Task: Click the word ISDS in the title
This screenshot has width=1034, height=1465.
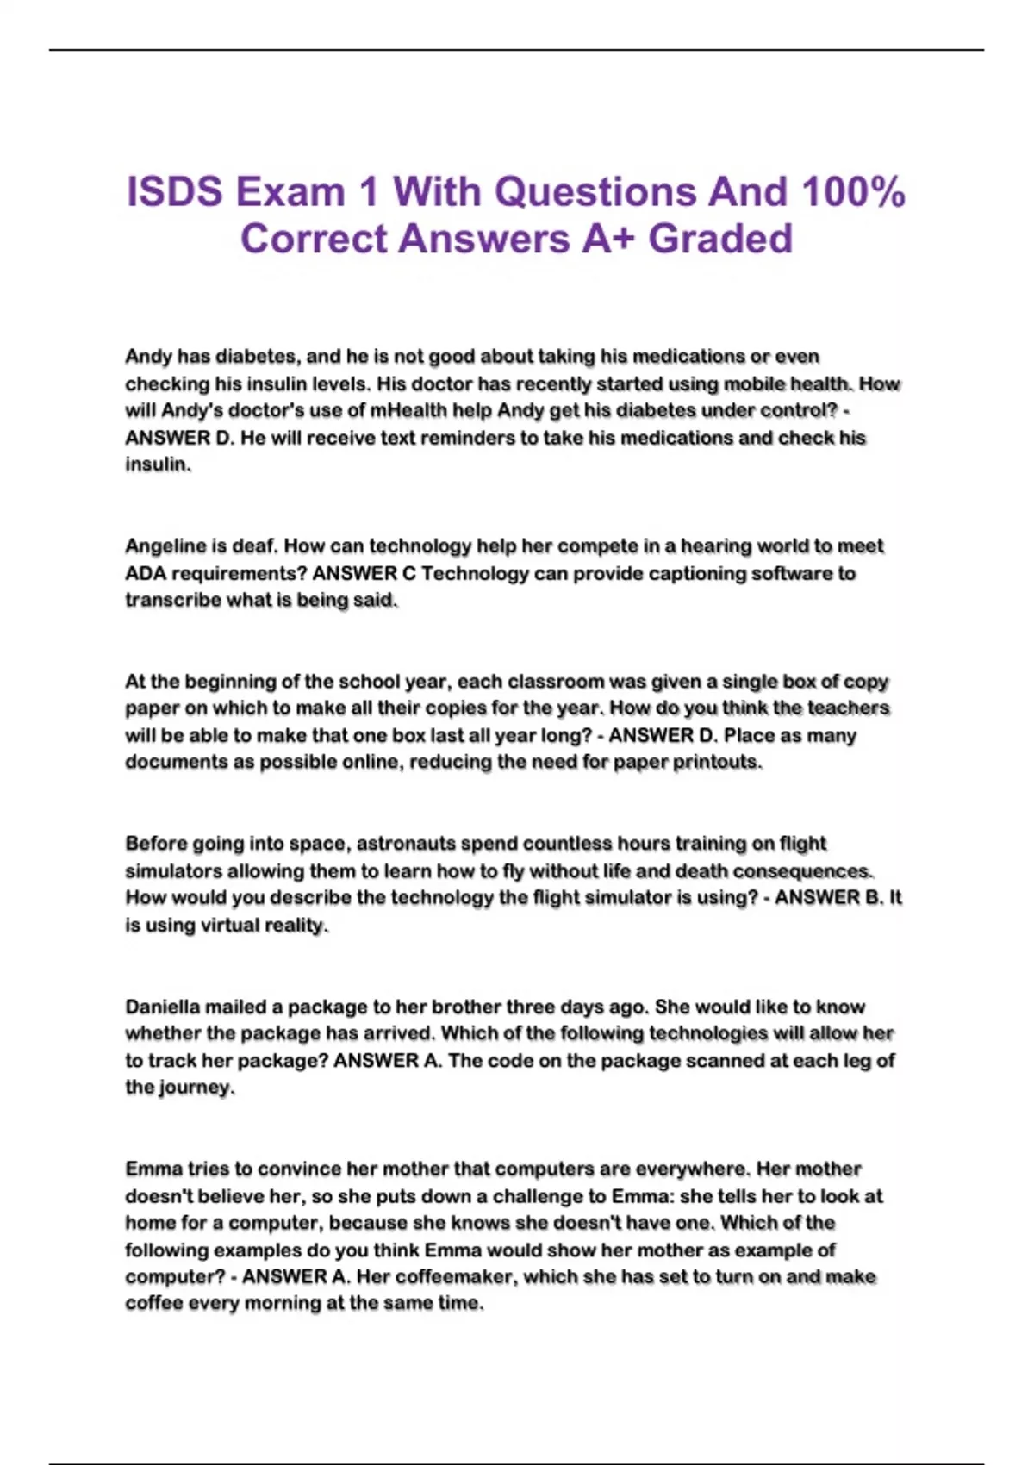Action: click(x=176, y=191)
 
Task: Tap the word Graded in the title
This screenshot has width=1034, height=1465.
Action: click(x=720, y=239)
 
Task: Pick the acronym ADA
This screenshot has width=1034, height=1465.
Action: click(x=146, y=574)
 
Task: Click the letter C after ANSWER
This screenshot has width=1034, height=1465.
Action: click(x=409, y=574)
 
